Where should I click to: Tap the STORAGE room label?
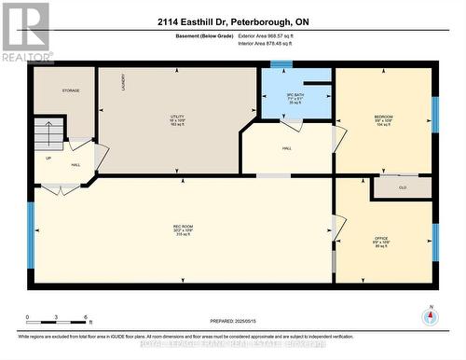(x=70, y=90)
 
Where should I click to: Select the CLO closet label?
(x=402, y=187)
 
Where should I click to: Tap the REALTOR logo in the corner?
(x=25, y=32)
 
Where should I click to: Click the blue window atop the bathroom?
(x=281, y=64)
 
